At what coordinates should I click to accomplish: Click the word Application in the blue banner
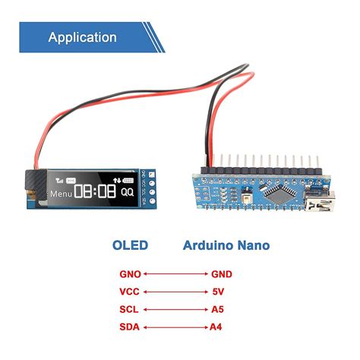83,37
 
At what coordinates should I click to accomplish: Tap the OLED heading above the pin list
130,245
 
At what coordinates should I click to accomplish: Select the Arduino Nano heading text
226,245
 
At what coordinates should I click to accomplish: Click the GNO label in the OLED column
130,274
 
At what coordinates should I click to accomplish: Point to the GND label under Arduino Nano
222,274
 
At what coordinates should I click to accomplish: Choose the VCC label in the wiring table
130,292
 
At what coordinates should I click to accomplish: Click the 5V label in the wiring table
218,292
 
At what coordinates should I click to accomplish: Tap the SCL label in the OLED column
130,310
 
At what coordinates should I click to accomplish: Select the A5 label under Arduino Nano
217,310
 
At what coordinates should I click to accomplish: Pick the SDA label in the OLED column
130,327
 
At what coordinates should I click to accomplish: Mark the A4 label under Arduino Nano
217,327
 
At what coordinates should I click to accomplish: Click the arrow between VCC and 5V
175,292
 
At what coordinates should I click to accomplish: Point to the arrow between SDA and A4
175,327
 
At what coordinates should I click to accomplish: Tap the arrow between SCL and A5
175,310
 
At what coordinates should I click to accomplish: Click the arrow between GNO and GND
175,274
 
